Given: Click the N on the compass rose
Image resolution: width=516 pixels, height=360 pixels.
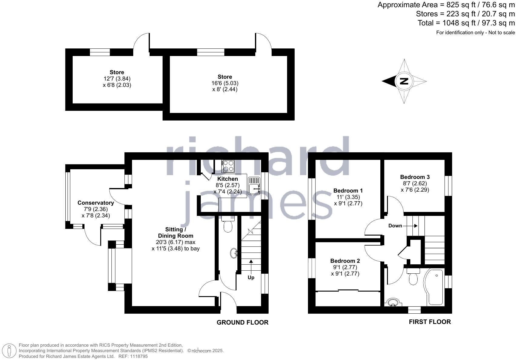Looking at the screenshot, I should pos(404,81).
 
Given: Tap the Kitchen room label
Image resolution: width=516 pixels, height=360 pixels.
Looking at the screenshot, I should pos(227,179).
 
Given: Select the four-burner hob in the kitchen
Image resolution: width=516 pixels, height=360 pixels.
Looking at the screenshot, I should pos(228,166).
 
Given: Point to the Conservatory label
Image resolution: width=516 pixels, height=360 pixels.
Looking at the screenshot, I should pos(96,203).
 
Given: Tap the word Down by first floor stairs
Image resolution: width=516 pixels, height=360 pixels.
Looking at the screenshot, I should pos(395,226).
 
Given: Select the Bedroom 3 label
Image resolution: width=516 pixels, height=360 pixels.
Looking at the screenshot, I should pos(415,177).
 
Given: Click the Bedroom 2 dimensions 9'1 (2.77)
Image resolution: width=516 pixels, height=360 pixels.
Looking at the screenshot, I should pos(345,267).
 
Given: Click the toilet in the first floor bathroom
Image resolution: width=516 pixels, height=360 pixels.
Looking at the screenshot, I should pos(413,277).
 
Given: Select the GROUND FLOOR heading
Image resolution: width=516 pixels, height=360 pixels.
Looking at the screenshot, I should pos(243,322).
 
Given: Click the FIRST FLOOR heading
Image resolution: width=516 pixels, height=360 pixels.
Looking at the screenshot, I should pos(430,322).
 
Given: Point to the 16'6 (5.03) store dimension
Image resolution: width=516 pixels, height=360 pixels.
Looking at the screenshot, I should pos(225,83).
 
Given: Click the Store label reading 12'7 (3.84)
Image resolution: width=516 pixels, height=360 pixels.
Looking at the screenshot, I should pos(117,72).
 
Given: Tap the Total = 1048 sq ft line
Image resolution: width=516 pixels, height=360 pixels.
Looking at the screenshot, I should pos(466,23).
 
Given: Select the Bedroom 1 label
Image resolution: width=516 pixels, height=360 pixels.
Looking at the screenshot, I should pos(348,191).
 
